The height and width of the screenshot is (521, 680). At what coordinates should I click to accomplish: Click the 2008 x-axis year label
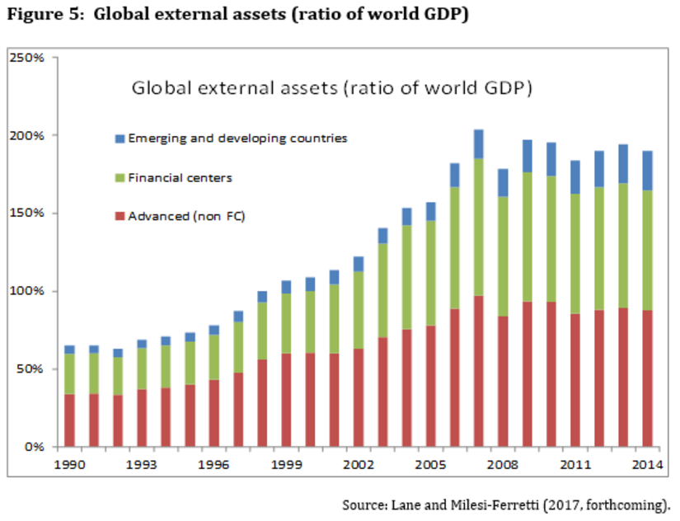pos(502,464)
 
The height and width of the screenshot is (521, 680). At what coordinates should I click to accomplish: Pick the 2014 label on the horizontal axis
pos(646,464)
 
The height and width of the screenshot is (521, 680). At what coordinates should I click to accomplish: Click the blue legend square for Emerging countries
pos(120,138)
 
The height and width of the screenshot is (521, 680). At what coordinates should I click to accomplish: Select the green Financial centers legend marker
pos(120,178)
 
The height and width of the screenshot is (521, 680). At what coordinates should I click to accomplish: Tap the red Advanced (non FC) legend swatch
pos(120,217)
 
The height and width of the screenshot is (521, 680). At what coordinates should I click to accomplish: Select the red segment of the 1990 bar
pos(69,420)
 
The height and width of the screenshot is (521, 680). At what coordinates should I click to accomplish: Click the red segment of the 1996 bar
pos(213,413)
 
